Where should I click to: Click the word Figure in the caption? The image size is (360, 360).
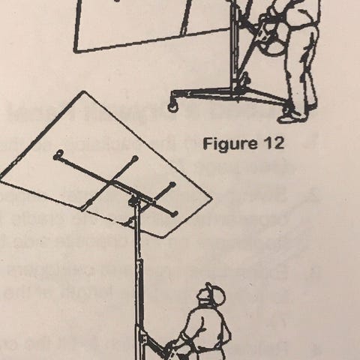[x=226, y=144]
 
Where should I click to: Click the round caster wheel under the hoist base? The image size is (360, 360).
[x=173, y=106]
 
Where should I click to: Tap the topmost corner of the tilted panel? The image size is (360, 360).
[x=84, y=91]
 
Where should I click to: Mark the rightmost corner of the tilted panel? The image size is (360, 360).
[x=211, y=198]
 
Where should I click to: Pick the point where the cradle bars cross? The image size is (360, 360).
[x=112, y=182]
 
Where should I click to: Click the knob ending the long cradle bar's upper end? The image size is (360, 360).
[x=59, y=153]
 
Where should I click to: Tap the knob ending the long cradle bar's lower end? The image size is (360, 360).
[x=174, y=214]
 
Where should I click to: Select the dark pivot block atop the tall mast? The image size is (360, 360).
[x=134, y=201]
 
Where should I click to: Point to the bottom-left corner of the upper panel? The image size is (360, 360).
[x=76, y=51]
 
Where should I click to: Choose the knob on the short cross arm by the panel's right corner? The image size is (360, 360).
[x=172, y=185]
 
